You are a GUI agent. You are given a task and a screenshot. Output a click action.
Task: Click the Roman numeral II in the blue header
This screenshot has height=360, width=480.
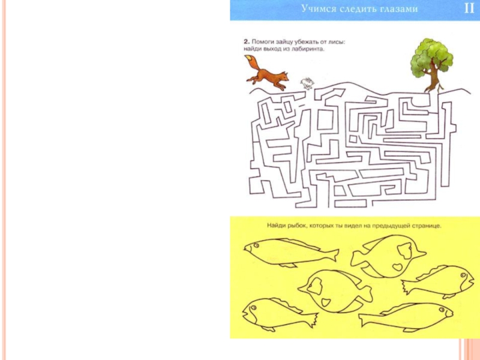469,8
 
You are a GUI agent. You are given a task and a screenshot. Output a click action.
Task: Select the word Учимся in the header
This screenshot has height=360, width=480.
317,9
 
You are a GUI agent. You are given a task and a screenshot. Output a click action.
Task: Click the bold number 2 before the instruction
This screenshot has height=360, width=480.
246,41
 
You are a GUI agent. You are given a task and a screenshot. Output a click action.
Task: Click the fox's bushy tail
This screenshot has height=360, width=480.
252,62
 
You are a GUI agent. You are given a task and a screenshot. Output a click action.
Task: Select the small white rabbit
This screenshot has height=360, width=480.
307,83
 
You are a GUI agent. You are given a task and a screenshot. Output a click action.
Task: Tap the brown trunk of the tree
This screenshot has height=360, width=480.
433,80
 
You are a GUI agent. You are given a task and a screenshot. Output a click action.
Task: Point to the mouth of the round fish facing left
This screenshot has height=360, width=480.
301,289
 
